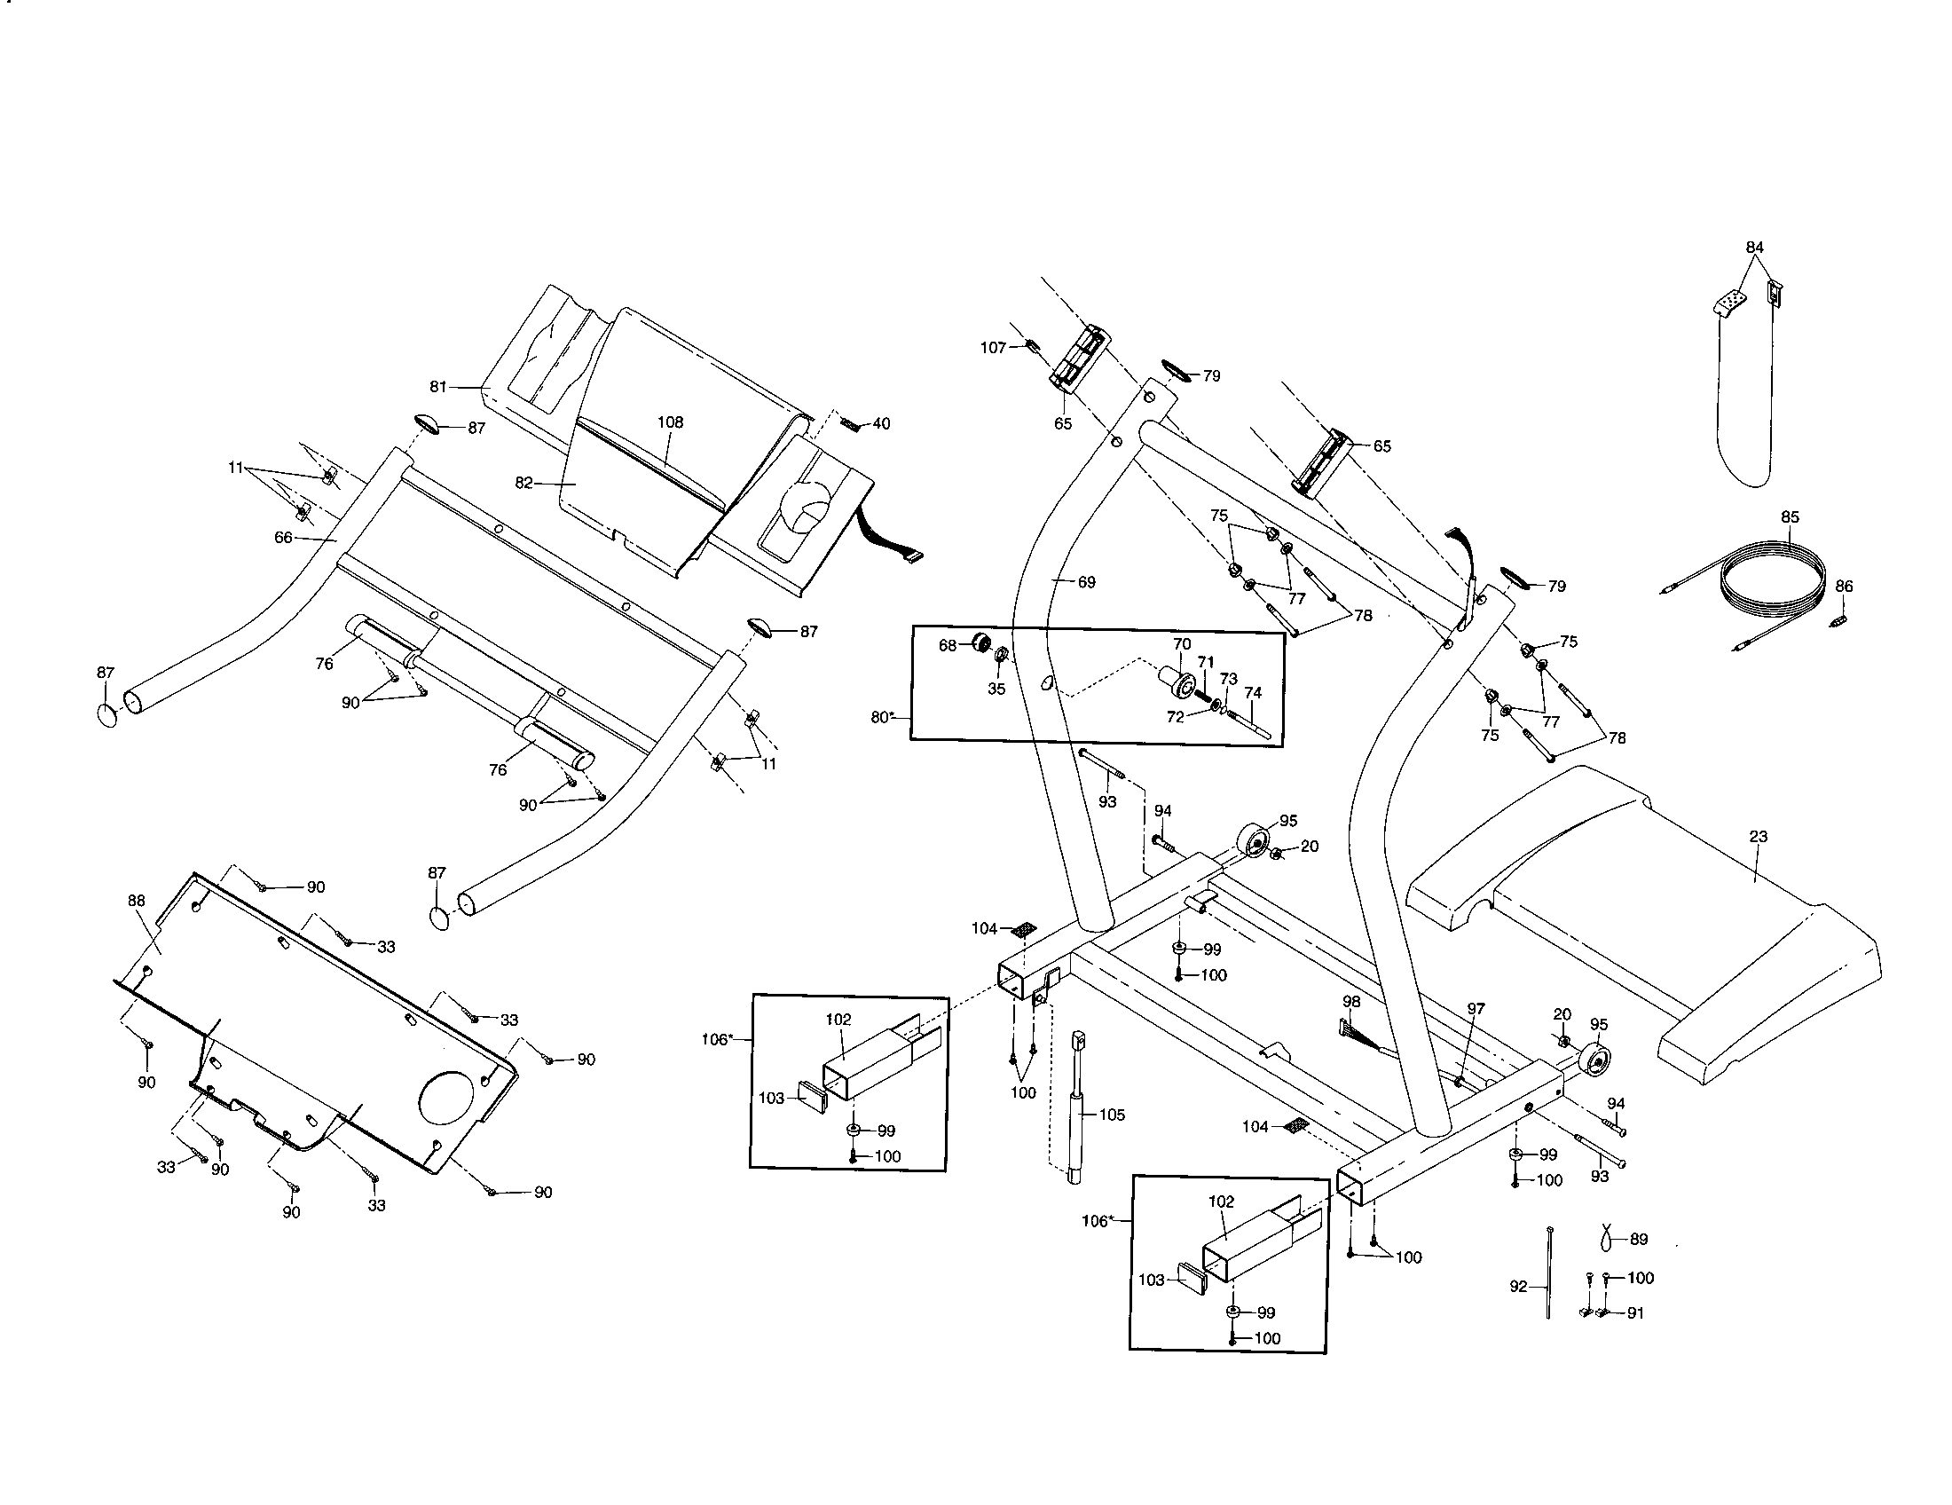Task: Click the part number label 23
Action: click(x=1758, y=837)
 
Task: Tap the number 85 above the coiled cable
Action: click(x=1790, y=516)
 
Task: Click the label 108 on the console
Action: click(x=670, y=422)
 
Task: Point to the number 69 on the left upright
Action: click(x=1086, y=582)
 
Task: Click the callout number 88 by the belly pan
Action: click(x=136, y=901)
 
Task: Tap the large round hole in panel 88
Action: click(x=449, y=1099)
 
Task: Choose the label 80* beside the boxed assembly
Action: click(x=882, y=716)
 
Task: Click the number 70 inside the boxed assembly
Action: click(x=1182, y=643)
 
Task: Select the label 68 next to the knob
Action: click(x=948, y=645)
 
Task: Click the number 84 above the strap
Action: click(x=1754, y=247)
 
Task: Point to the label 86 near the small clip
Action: click(x=1844, y=587)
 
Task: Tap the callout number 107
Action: click(x=993, y=348)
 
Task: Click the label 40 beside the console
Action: click(x=881, y=423)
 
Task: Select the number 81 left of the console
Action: click(x=438, y=387)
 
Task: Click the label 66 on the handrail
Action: click(x=283, y=538)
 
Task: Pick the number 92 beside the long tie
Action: click(x=1518, y=1287)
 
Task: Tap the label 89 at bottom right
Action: click(x=1638, y=1239)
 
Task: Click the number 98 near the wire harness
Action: click(x=1351, y=1003)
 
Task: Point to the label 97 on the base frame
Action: click(x=1476, y=1008)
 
